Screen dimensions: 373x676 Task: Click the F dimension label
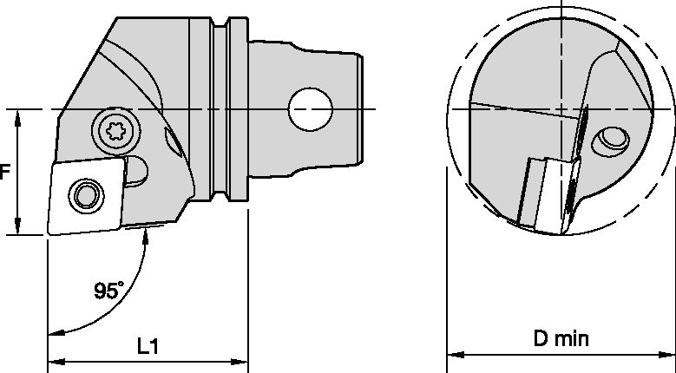click(x=4, y=172)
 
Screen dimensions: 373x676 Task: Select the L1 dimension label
click(x=148, y=345)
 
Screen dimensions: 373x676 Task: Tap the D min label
click(x=561, y=338)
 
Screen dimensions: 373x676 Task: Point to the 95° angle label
click(x=108, y=291)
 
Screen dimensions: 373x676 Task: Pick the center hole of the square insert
click(x=84, y=195)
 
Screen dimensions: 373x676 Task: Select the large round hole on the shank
click(x=311, y=109)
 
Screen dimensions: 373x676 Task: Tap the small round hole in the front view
click(x=613, y=138)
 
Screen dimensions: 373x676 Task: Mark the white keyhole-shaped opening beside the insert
click(x=136, y=171)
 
